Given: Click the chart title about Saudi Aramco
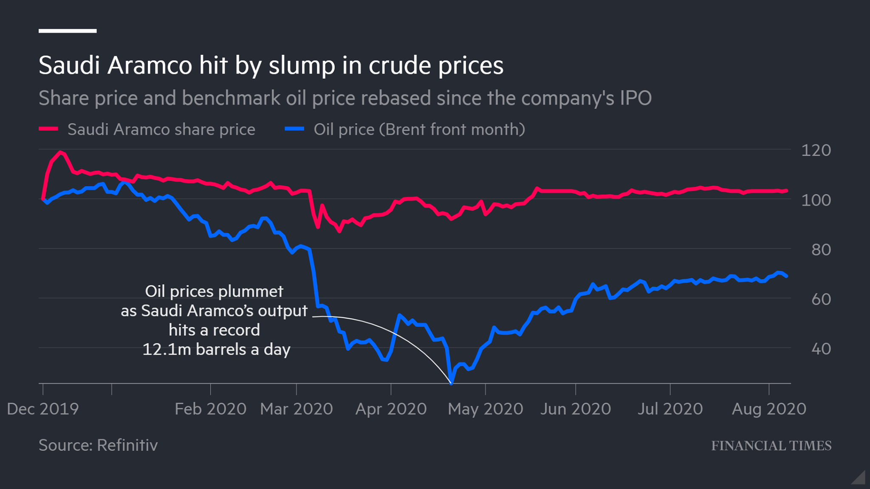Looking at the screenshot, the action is pos(271,65).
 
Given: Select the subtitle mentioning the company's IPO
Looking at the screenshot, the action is pos(345,98).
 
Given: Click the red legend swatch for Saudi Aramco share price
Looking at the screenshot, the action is pos(48,129).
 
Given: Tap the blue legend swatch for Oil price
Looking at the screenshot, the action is pos(294,129).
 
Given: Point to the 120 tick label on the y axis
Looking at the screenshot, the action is pos(816,150).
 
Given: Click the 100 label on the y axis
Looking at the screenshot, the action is pos(816,200).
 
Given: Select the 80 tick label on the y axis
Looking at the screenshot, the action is pos(821,250).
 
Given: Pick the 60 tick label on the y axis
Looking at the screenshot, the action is pos(821,300).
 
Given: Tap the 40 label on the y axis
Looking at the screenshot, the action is pos(821,349).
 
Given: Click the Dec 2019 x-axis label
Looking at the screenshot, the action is pos(43,409).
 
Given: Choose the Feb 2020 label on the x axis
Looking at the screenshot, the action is pos(211,409).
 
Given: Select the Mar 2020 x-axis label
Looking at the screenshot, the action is pos(297,409).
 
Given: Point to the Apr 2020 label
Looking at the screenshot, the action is pos(391,409).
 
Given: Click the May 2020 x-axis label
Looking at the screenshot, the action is pos(486,409).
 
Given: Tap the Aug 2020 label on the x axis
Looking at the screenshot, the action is pos(769,409).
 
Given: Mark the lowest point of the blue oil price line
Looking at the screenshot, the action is pos(451,384).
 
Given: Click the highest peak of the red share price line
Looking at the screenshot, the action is pos(60,152).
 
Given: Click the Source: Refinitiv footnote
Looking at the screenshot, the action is pos(98,445).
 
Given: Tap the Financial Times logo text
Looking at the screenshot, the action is pos(771,446).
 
